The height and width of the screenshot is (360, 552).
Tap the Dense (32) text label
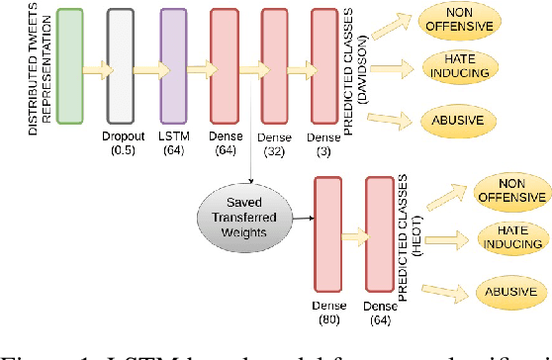(274, 147)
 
